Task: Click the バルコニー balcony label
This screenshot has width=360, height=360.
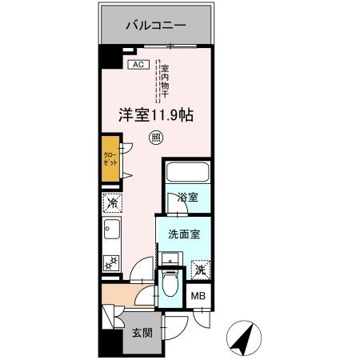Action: [x=156, y=26]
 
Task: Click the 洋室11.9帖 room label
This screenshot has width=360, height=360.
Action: [x=155, y=115]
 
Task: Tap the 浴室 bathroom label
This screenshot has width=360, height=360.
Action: [x=186, y=198]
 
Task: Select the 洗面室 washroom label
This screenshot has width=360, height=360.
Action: [x=183, y=234]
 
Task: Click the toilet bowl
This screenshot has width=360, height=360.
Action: [x=170, y=283]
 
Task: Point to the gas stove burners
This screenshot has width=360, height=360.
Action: [x=110, y=262]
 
